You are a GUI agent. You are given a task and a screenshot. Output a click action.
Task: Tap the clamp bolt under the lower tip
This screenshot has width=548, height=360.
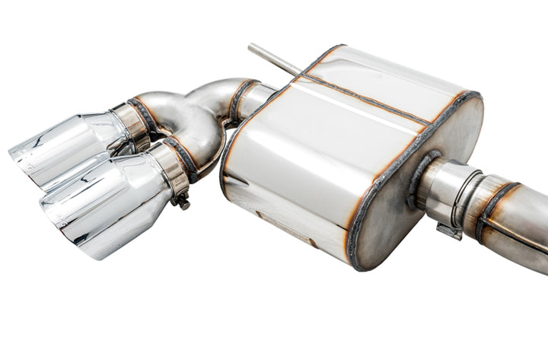click(181, 202)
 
